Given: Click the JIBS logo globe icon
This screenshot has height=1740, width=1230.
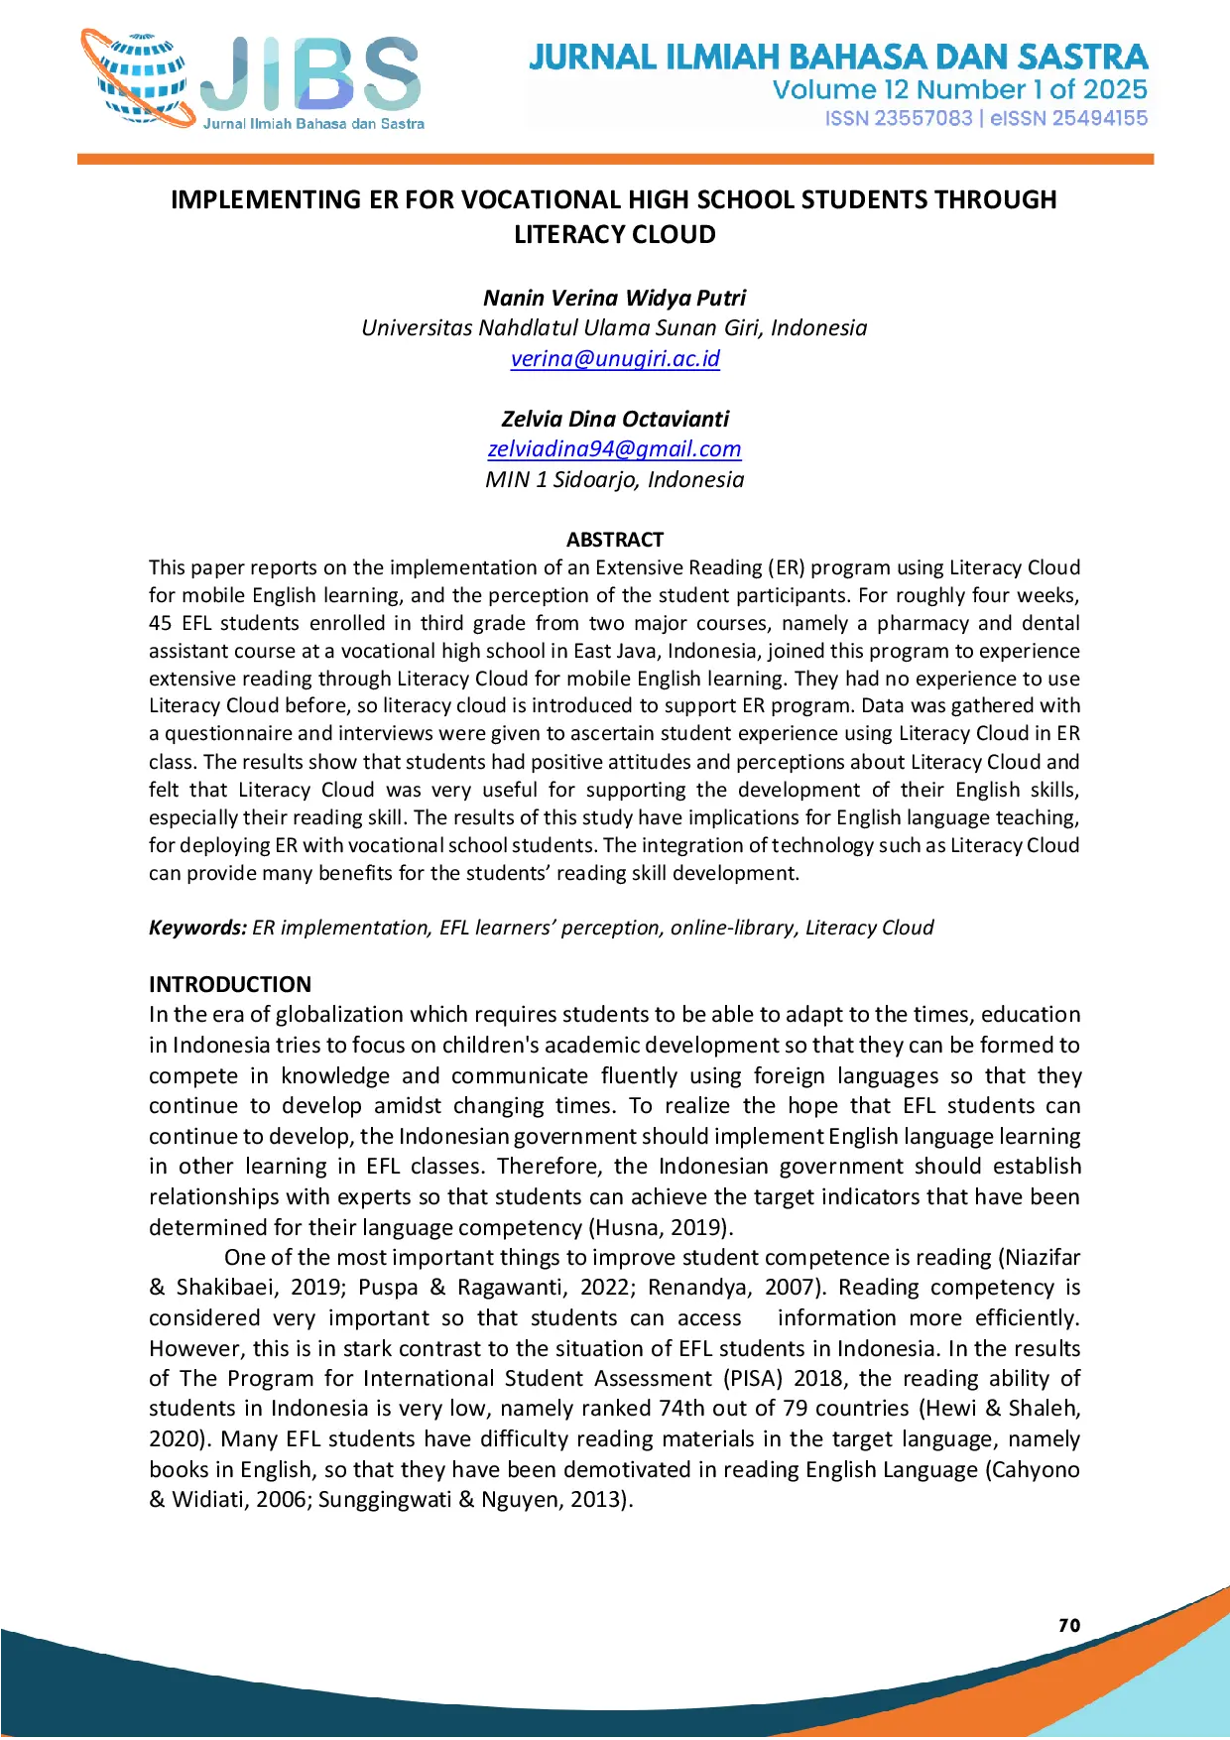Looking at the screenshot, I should (139, 79).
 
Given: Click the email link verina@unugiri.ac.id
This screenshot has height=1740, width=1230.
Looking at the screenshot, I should (615, 358).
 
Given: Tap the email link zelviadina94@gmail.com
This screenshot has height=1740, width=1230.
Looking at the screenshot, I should (614, 448).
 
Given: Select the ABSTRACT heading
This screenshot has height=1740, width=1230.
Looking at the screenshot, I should (615, 540).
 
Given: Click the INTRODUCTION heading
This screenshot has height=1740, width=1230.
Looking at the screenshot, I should (230, 984).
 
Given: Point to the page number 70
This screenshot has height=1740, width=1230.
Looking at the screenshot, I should (1069, 1625).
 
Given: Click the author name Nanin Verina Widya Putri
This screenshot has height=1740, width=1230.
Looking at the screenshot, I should (615, 298).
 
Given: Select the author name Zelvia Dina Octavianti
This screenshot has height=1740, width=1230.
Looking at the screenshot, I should (615, 419).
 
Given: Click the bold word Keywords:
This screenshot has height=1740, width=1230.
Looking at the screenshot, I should (197, 928).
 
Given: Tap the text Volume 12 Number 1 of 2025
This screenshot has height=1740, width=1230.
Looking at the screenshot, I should (959, 90).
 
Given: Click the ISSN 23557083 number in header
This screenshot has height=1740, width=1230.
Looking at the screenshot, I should (898, 119).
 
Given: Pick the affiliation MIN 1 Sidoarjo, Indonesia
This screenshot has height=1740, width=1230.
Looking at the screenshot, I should (615, 479).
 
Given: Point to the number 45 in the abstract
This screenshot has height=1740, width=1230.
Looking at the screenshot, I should (160, 623).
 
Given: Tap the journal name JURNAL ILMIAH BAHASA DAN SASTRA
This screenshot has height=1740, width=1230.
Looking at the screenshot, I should (838, 57).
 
